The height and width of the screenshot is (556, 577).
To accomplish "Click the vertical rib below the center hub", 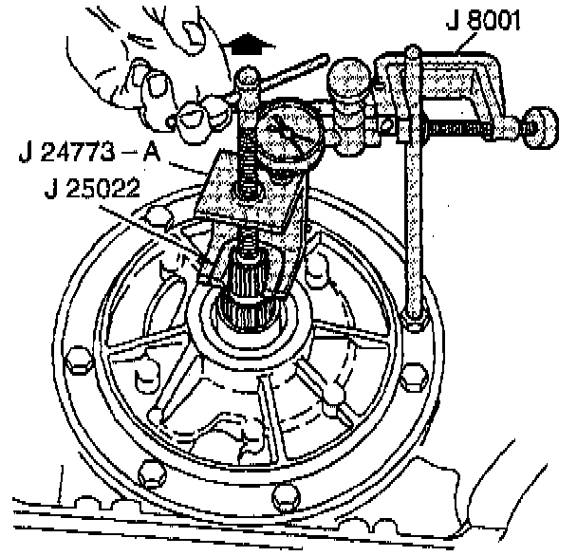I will click(x=271, y=417).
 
